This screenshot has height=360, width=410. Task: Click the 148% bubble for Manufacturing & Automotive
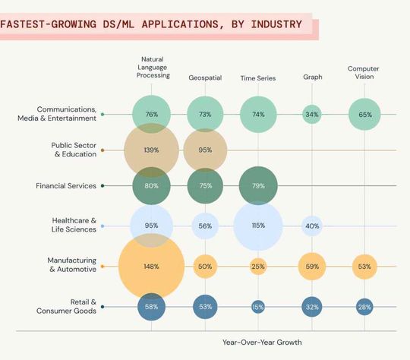coord(151,267)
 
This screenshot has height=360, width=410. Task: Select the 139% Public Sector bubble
coord(151,150)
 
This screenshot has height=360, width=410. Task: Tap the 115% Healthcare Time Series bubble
coord(258,226)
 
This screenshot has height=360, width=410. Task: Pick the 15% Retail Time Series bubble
coord(258,306)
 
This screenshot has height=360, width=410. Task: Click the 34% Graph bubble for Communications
coord(311,115)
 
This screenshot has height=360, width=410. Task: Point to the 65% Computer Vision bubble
coord(364,115)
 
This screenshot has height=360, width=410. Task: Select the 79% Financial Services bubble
coord(258,185)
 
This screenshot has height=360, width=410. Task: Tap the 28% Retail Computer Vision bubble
coord(364,306)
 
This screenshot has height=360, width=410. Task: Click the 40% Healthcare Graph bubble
coord(311,226)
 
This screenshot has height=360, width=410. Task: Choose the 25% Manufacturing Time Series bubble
coord(258,267)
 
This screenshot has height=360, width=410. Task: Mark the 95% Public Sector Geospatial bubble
coord(205,150)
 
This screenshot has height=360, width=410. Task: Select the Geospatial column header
coord(205,77)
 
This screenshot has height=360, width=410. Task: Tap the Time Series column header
coord(258,77)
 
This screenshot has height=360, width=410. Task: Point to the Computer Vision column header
coord(364,72)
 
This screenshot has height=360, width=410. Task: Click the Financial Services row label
coord(66,185)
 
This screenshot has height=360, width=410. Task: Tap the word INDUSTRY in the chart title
coord(269,24)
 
